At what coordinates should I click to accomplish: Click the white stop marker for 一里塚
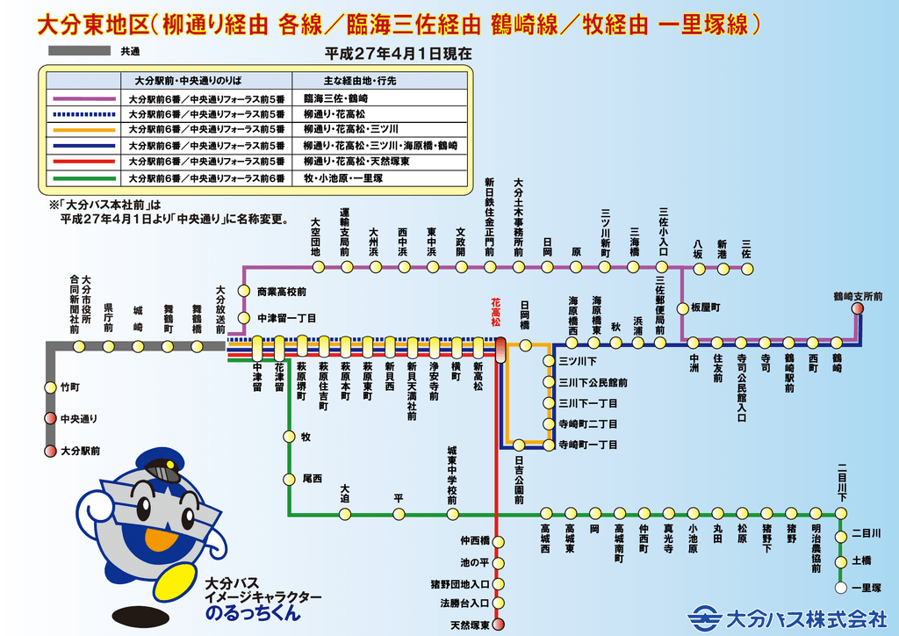(840, 588)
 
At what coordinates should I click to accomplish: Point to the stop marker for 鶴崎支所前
(857, 308)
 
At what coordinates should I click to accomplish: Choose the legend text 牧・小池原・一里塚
(343, 178)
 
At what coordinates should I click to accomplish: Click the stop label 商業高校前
(281, 291)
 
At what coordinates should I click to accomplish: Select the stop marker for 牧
(288, 436)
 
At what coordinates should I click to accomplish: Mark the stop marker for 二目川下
(840, 513)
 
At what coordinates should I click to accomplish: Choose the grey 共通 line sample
(79, 52)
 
